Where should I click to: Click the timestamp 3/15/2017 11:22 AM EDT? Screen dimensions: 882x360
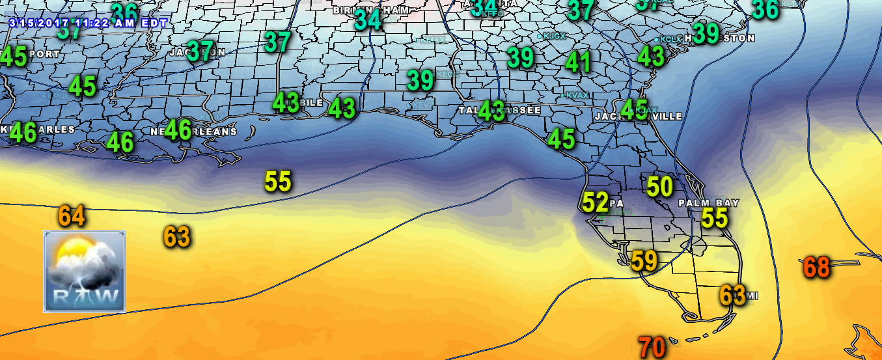point(89,23)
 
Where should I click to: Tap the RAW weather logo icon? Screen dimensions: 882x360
point(85,271)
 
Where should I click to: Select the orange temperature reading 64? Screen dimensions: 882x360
point(72,216)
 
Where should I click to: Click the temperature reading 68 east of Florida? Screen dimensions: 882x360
point(816,267)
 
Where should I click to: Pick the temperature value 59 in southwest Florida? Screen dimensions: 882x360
point(644,261)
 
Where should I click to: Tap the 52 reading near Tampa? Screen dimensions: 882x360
point(595,202)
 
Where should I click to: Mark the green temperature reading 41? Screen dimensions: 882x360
point(578,62)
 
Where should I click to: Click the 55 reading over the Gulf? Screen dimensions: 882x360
point(278,182)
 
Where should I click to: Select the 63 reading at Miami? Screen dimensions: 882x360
point(732,296)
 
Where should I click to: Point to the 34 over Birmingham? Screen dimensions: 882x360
point(368,20)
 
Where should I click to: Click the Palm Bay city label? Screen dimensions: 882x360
point(709,203)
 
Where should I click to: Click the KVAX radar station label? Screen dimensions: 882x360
point(576,96)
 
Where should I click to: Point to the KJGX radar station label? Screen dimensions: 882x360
point(554,36)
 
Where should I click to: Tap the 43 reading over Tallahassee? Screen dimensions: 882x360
point(491,111)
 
